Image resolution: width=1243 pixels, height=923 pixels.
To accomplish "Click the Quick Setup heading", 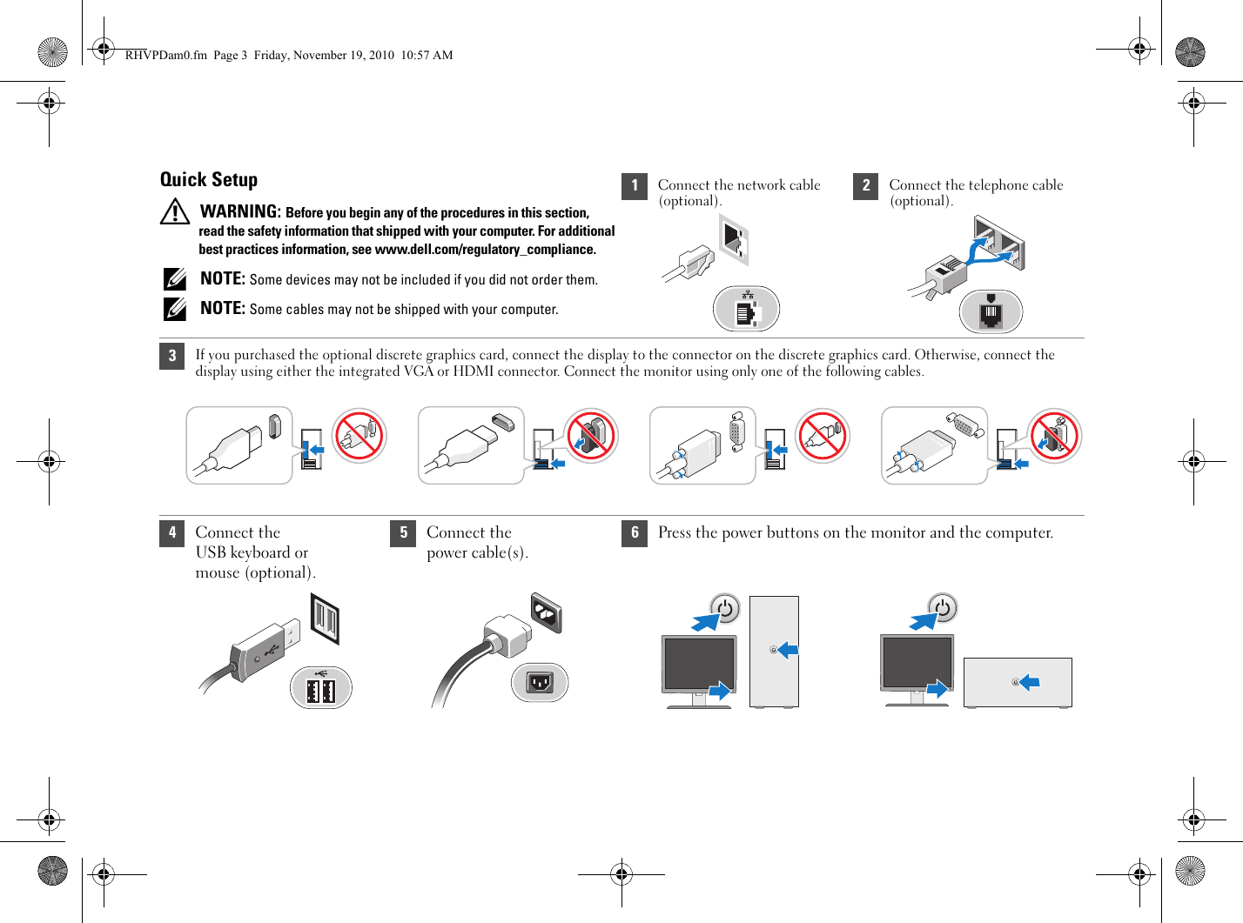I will (209, 179).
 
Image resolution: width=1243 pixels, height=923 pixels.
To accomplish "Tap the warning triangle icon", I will (175, 211).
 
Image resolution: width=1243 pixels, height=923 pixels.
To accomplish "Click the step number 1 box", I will (635, 186).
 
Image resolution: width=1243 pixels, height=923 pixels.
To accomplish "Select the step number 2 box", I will (865, 186).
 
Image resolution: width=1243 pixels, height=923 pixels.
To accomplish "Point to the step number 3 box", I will (172, 356).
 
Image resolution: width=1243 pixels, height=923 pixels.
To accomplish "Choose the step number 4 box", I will (172, 533).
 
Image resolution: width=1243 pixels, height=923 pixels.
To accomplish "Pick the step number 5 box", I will (403, 533).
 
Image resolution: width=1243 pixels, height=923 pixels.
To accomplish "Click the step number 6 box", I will (635, 533).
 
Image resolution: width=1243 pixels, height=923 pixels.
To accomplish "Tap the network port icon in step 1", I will (746, 310).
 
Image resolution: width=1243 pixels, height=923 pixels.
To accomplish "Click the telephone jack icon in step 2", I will (991, 311).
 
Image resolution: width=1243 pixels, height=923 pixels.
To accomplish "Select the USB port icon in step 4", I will (320, 688).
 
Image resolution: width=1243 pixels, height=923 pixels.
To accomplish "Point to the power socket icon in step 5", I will (540, 682).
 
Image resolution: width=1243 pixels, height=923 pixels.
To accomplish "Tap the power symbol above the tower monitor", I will (725, 608).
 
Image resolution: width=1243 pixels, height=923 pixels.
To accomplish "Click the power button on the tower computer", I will (774, 650).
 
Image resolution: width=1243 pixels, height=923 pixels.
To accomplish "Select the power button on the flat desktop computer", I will (1015, 682).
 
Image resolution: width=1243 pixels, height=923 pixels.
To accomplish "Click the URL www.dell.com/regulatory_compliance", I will (485, 250).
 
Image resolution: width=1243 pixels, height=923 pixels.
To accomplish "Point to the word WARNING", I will (240, 211).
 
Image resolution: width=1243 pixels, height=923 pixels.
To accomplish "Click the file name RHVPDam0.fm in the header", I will (165, 55).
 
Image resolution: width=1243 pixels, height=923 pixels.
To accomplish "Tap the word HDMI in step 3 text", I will (473, 371).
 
